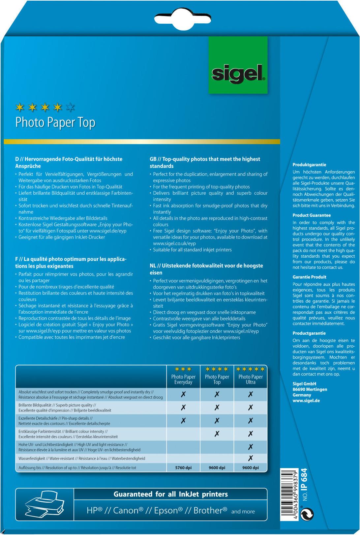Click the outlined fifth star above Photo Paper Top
pyautogui.click(x=71, y=107)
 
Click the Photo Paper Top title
pyautogui.click(x=55, y=123)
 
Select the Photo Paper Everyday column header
pyautogui.click(x=183, y=380)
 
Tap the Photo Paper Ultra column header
pyautogui.click(x=251, y=380)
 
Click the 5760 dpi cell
pyautogui.click(x=183, y=467)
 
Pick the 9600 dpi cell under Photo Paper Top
pyautogui.click(x=217, y=467)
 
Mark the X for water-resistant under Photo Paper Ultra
pyautogui.click(x=251, y=458)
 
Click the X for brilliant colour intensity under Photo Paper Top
pyautogui.click(x=217, y=434)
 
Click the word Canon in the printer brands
pyautogui.click(x=126, y=511)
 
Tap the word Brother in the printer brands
pyautogui.click(x=208, y=511)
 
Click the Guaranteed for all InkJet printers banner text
pyautogui.click(x=170, y=494)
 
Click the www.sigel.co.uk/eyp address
pyautogui.click(x=174, y=243)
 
